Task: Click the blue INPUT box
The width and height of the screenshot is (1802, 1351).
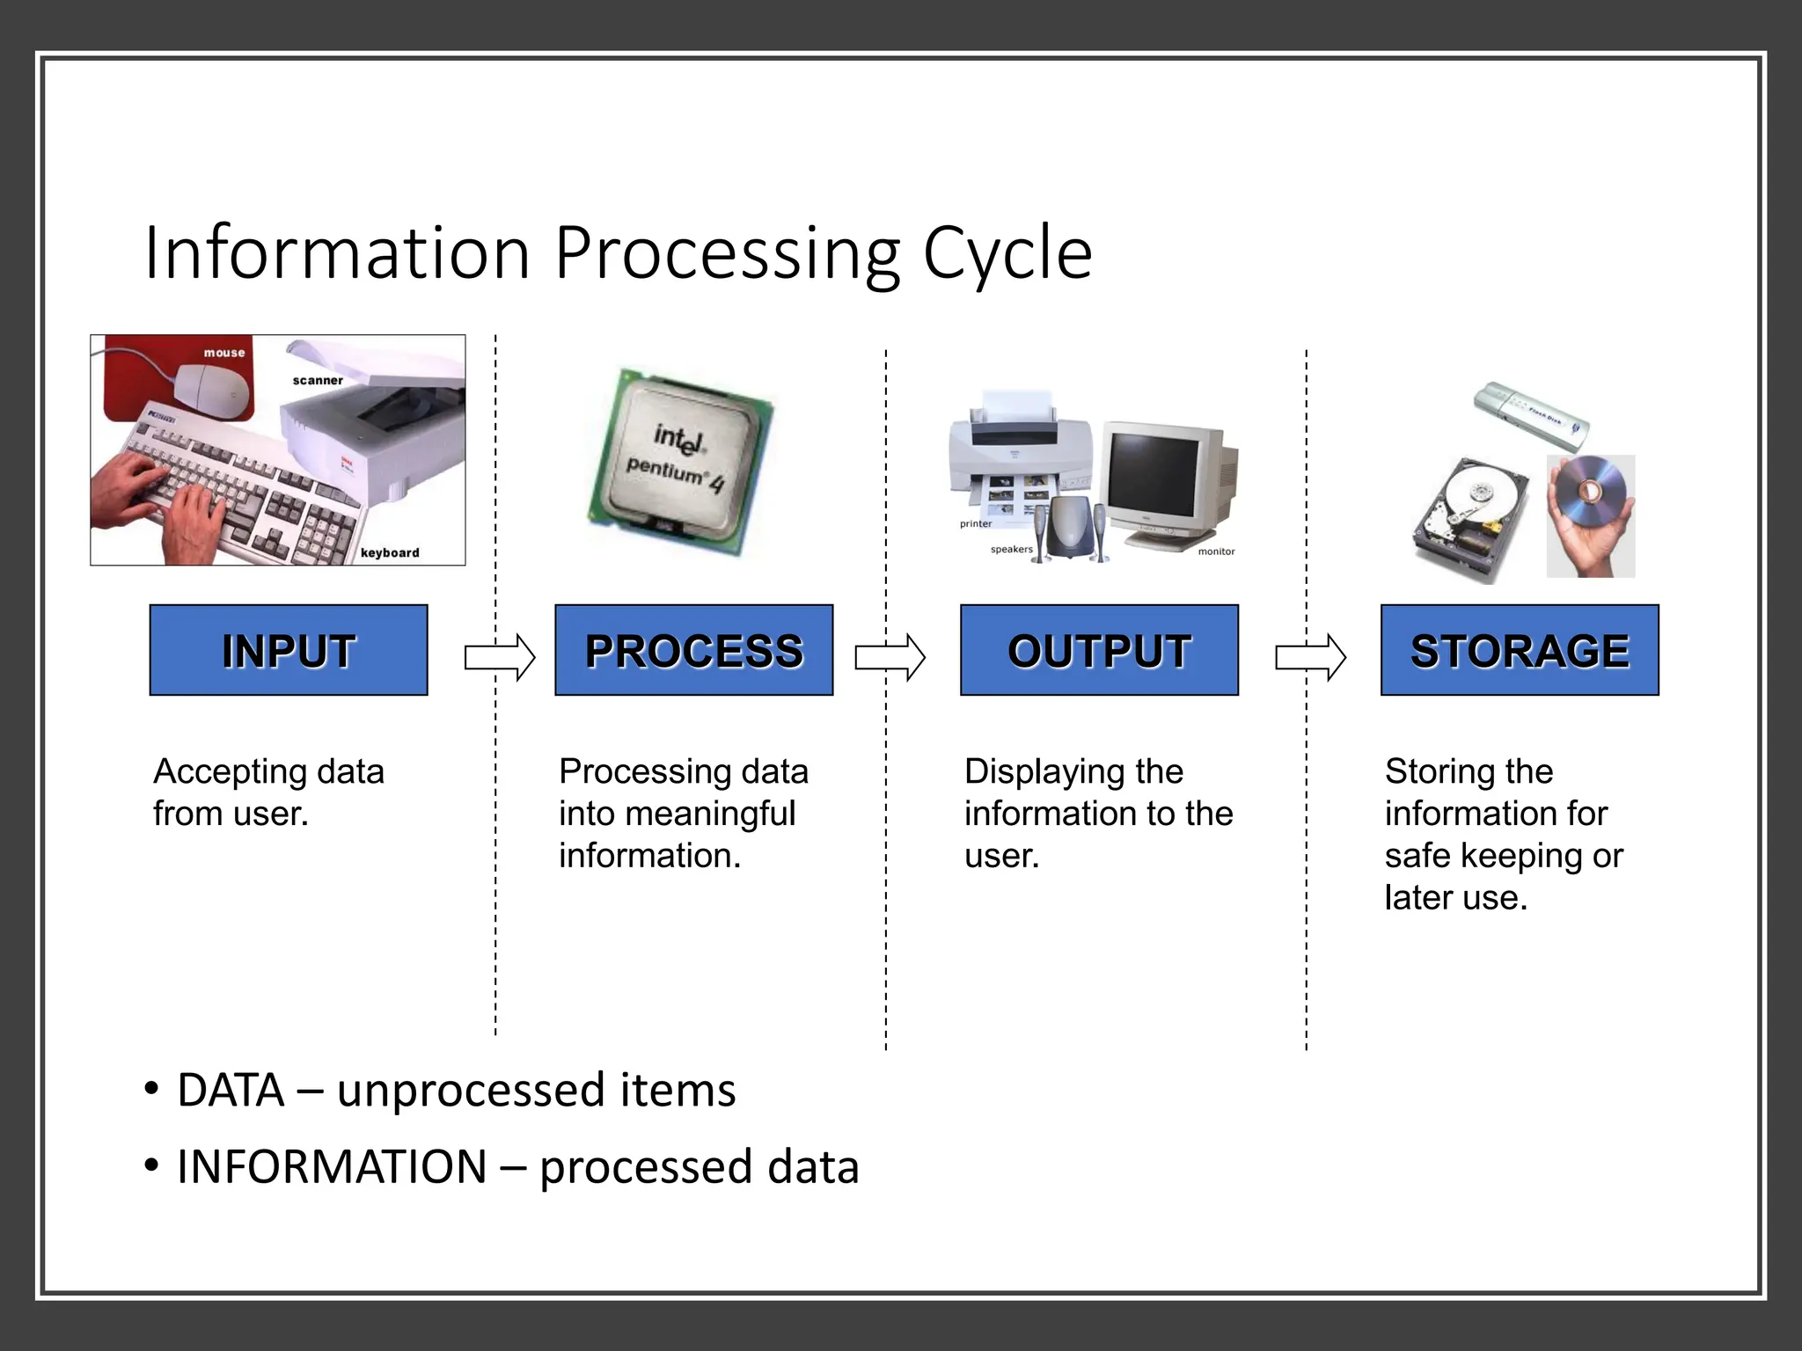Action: pyautogui.click(x=289, y=650)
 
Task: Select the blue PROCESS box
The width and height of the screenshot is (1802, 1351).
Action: pyautogui.click(x=693, y=650)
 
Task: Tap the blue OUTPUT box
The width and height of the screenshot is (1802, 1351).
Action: pyautogui.click(x=1099, y=650)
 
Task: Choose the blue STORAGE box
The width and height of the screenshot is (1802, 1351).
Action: pyautogui.click(x=1520, y=650)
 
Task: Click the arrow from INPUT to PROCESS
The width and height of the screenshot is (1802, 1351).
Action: pyautogui.click(x=500, y=657)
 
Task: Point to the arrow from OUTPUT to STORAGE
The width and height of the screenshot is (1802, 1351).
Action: pyautogui.click(x=1310, y=657)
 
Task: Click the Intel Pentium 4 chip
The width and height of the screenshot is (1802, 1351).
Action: pyautogui.click(x=680, y=462)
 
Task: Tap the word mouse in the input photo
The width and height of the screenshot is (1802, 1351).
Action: pyautogui.click(x=224, y=353)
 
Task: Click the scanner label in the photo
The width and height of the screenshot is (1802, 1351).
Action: pyautogui.click(x=318, y=381)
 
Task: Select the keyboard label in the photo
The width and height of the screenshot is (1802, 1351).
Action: pyautogui.click(x=390, y=552)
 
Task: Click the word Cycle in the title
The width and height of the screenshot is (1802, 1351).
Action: pyautogui.click(x=1007, y=253)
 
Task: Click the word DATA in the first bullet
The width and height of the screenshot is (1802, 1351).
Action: pyautogui.click(x=231, y=1091)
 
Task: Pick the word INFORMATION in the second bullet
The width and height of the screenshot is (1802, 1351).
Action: pyautogui.click(x=332, y=1167)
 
